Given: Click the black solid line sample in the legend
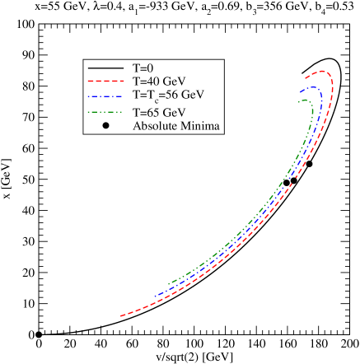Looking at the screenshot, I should (105, 68).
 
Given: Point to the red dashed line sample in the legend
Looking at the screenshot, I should (105, 82).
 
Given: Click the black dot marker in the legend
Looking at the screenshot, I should (106, 125).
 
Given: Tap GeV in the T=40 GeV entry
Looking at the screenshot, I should (174, 81).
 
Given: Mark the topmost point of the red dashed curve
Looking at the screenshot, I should (325, 71).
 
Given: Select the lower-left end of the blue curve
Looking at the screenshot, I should (154, 295).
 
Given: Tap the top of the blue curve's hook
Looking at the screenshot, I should (311, 86).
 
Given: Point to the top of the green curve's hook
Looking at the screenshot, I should (306, 99).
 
